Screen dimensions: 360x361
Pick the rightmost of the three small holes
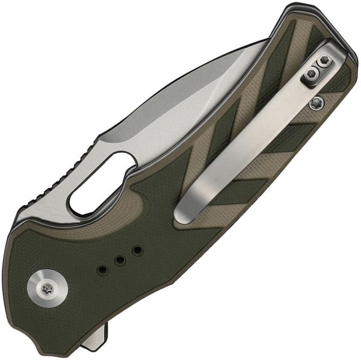tap(137, 249)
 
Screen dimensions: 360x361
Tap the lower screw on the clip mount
tap(311, 73)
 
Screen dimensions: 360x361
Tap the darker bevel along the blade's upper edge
tap(199, 78)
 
